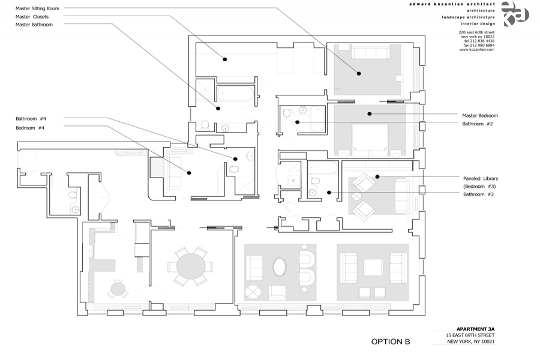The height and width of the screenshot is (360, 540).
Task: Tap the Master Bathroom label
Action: tap(34, 25)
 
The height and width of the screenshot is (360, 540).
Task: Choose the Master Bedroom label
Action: tap(479, 115)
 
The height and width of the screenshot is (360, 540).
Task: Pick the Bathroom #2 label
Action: tap(478, 124)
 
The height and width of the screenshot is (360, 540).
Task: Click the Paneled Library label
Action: tap(480, 178)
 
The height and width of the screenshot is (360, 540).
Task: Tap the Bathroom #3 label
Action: tap(478, 194)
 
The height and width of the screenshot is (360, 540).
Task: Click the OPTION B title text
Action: tap(390, 342)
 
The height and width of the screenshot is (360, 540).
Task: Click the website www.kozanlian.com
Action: tap(477, 50)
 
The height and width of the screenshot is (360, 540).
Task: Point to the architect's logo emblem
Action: tap(514, 13)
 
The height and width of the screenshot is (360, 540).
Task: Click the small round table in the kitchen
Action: tap(118, 289)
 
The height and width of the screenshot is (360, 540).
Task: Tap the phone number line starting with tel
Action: tap(478, 40)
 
